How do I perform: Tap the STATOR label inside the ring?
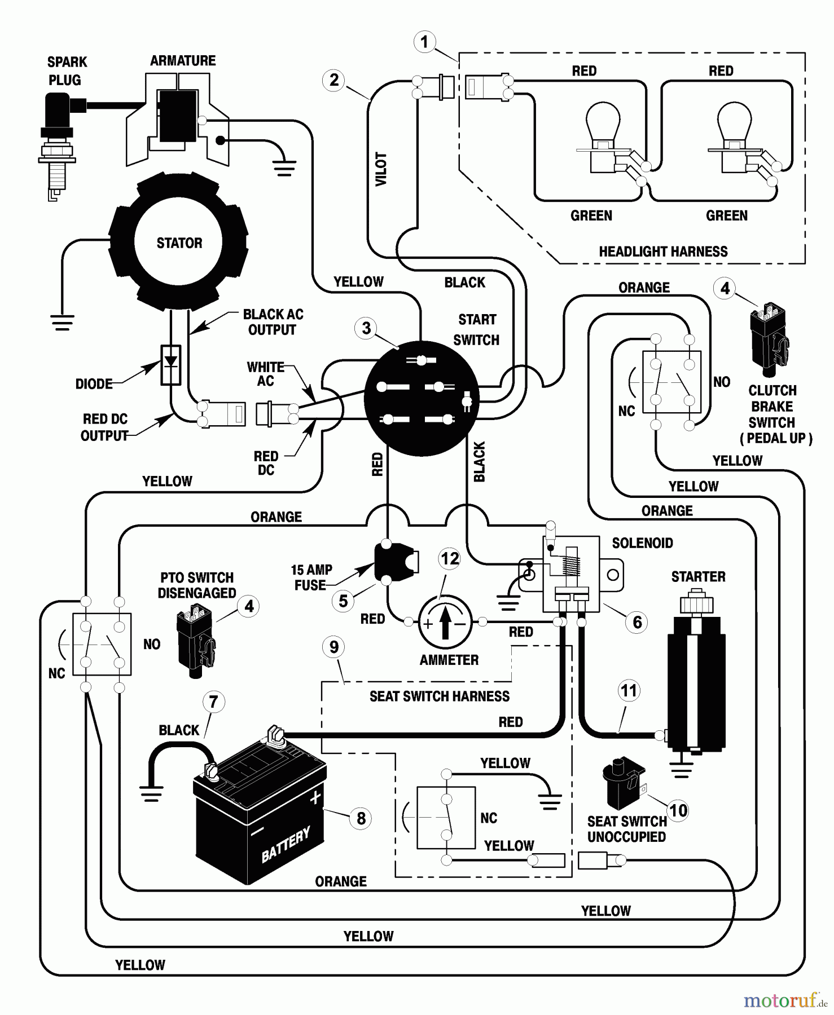click(179, 243)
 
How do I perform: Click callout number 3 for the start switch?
click(366, 328)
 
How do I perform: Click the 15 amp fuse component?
click(395, 562)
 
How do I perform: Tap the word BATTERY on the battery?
click(286, 844)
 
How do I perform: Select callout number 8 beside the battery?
click(361, 818)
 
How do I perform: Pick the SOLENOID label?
click(642, 543)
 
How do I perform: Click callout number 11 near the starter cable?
click(629, 691)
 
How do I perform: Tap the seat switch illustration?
click(623, 784)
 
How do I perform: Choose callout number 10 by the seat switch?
click(678, 810)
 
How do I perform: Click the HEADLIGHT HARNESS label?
click(663, 251)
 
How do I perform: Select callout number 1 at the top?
click(424, 42)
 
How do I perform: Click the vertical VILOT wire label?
click(381, 169)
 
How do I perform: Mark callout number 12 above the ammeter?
click(450, 559)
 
